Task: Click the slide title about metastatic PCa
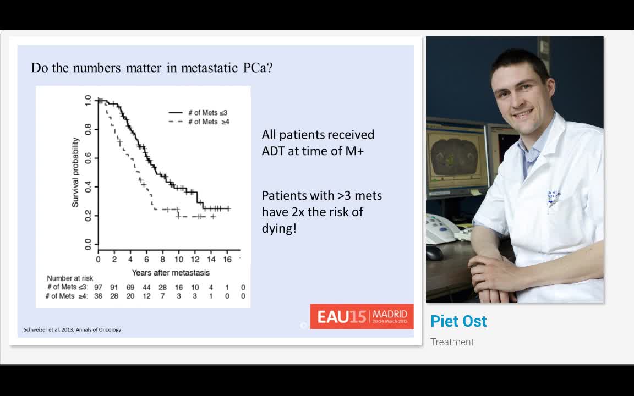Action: coord(152,68)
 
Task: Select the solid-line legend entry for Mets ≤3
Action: coord(199,112)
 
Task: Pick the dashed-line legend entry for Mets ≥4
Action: coord(199,122)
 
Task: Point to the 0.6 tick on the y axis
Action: coord(88,158)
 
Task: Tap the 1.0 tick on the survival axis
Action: coord(88,100)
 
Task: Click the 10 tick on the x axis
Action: coord(179,260)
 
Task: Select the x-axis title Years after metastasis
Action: coord(171,273)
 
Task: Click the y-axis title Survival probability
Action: coord(75,173)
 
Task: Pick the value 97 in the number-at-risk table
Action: coord(98,287)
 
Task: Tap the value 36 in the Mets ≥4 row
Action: coord(98,296)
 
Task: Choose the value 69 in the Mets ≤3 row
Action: coord(130,287)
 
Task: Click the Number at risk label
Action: coord(70,278)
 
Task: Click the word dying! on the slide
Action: coord(279,229)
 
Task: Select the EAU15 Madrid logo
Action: coord(362,316)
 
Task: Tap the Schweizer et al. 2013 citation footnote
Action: coord(73,330)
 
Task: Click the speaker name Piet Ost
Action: coord(458,321)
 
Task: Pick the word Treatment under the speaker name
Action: coord(452,342)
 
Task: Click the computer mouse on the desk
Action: coord(434,252)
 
